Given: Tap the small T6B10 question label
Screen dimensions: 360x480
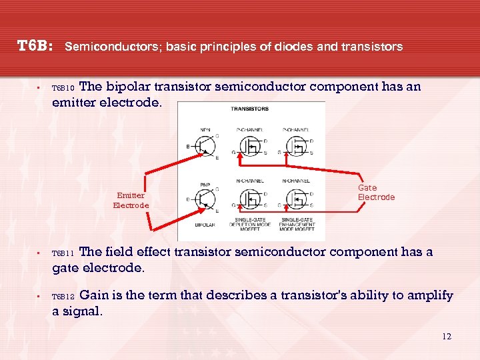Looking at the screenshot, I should [64, 88].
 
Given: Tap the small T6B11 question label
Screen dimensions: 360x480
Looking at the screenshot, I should [64, 253].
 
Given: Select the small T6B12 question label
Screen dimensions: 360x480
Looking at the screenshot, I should [64, 296].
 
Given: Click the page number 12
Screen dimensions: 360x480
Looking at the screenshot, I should [446, 336].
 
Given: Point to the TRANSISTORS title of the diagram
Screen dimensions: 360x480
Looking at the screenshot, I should [251, 109].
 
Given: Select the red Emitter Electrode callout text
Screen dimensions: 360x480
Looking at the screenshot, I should [131, 200].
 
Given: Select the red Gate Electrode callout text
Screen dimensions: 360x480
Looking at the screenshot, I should [376, 193].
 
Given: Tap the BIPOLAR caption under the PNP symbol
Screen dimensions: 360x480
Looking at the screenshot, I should [205, 225].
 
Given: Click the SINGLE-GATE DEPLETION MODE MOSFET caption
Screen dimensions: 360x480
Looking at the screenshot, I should [251, 225].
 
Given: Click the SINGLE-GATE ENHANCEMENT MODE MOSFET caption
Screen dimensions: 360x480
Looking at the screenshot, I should [297, 225].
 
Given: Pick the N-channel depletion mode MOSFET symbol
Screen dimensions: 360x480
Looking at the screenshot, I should [251, 197].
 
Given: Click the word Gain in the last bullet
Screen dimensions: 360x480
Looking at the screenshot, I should [93, 295].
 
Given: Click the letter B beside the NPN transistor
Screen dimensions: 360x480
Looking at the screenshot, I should [188, 145].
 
